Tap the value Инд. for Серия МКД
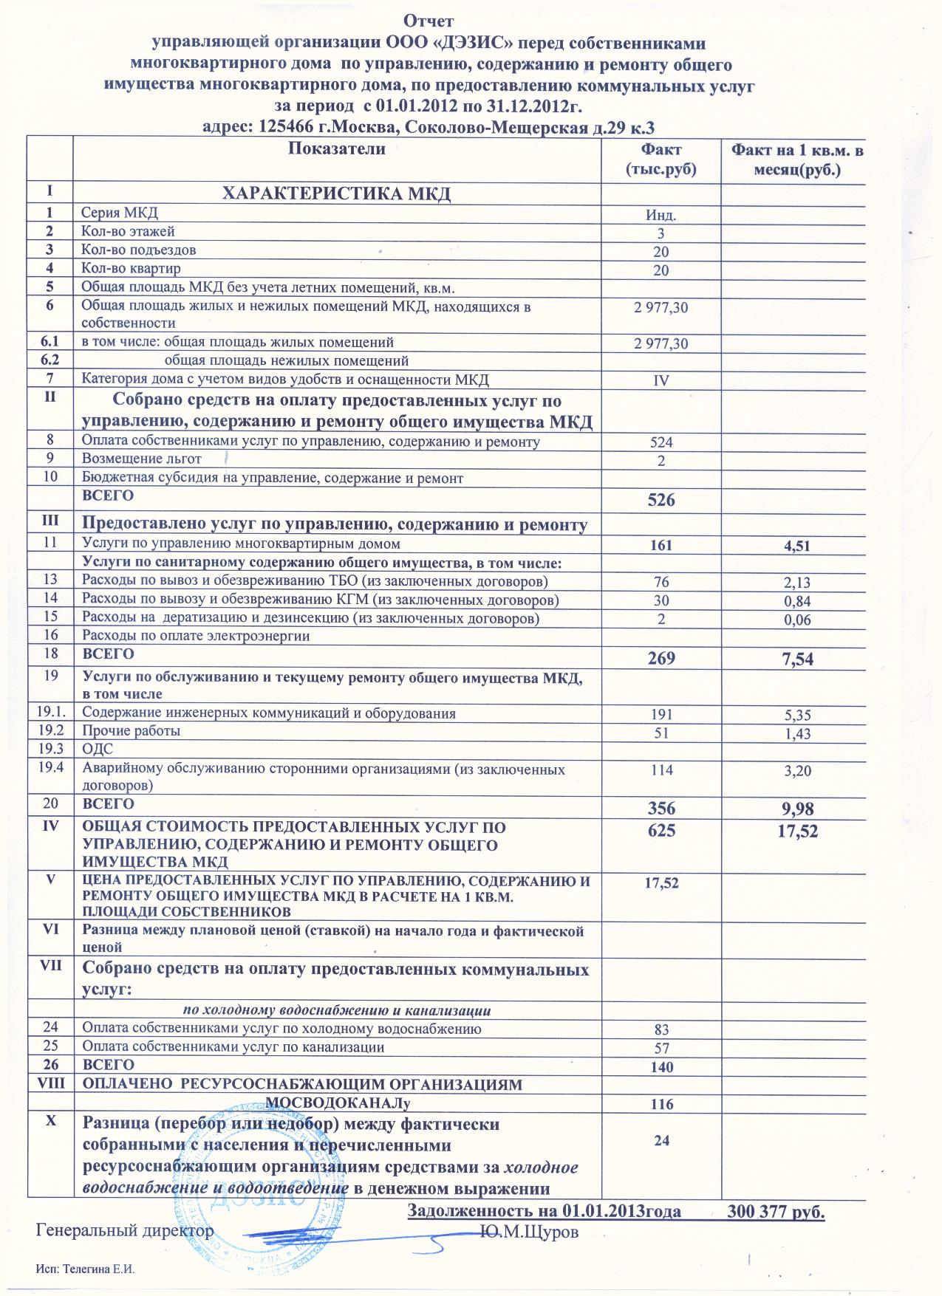coord(661,216)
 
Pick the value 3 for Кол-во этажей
coord(661,234)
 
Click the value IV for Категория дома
coord(661,381)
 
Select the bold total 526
coord(661,500)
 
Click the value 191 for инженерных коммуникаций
coord(661,714)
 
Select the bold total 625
coord(661,830)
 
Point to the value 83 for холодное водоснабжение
coord(661,1029)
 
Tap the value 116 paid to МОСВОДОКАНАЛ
coord(661,1105)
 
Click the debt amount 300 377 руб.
coord(775,1212)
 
